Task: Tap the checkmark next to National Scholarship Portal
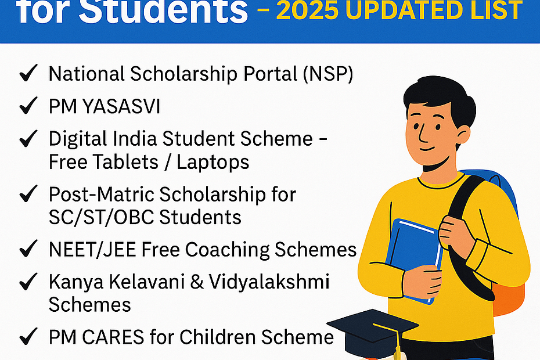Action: coord(28,73)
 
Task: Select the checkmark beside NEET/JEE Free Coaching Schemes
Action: coord(28,249)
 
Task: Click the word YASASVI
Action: coord(121,106)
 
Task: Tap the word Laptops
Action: coord(213,163)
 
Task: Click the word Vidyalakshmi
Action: coord(269,282)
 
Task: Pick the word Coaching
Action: coord(228,250)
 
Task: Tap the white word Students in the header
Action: coord(163,12)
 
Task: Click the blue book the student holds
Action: coord(414,261)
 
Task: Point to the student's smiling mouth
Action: coord(427,149)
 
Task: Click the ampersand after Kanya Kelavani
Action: coord(196,282)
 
